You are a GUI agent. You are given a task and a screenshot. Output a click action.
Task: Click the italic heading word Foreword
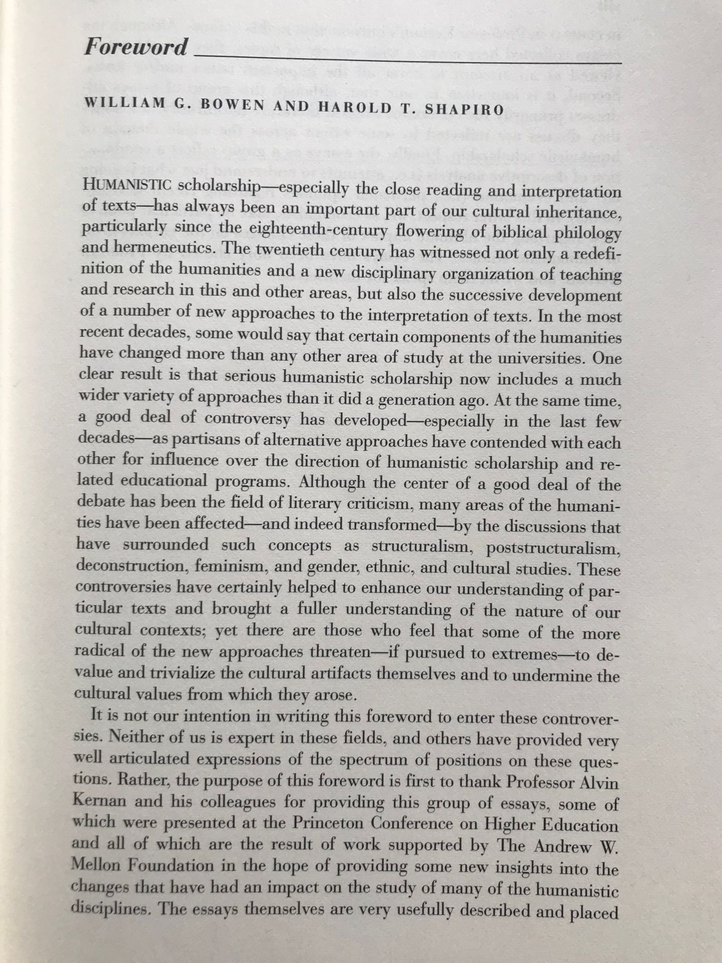pyautogui.click(x=136, y=47)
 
